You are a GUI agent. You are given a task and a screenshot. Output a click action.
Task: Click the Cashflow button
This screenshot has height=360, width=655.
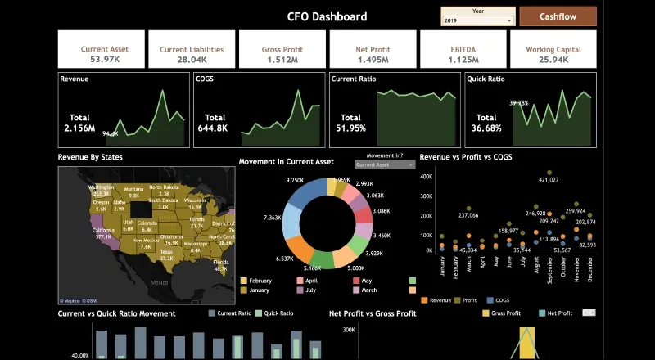[x=557, y=16]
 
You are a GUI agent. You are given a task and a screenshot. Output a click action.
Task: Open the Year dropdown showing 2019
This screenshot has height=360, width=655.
[x=478, y=20]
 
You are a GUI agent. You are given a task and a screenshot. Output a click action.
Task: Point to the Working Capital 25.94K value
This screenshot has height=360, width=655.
[x=553, y=60]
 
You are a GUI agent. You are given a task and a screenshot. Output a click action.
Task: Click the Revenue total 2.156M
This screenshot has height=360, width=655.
[x=79, y=128]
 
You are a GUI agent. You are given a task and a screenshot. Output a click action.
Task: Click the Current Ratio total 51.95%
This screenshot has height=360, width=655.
[x=350, y=128]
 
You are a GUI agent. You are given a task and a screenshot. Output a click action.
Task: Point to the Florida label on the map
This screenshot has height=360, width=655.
[x=219, y=263]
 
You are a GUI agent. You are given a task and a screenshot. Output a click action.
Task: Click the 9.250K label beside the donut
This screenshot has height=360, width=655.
[x=295, y=179]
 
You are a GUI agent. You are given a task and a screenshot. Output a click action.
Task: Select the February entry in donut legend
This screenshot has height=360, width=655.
[x=260, y=280]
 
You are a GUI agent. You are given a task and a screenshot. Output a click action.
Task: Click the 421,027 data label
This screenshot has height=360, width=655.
[x=549, y=179]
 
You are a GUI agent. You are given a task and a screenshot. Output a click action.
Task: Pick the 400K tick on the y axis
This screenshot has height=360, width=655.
[x=426, y=175]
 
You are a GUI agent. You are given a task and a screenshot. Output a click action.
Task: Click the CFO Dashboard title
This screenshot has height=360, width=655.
[x=327, y=16]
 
